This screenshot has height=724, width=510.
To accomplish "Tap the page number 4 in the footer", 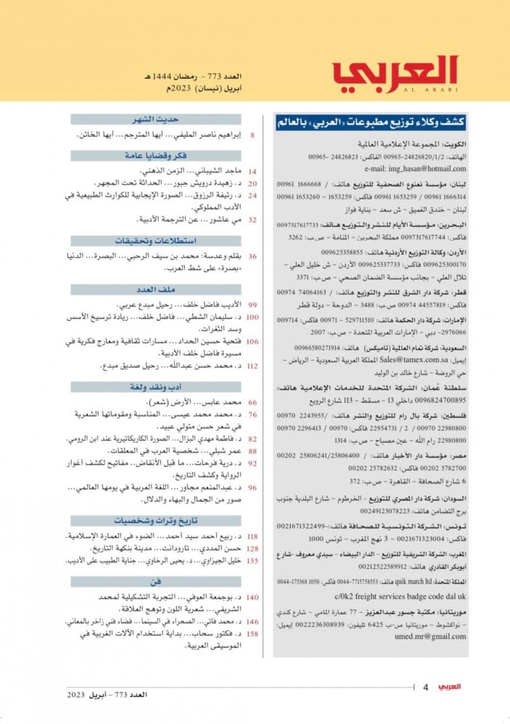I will pyautogui.click(x=426, y=686).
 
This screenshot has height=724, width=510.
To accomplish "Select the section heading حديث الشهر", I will pyautogui.click(x=156, y=120).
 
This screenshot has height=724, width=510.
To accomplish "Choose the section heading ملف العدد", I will pyautogui.click(x=155, y=289).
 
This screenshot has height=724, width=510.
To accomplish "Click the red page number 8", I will pyautogui.click(x=252, y=136).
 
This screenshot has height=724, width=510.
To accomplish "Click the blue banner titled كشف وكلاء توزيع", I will pyautogui.click(x=371, y=122).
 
